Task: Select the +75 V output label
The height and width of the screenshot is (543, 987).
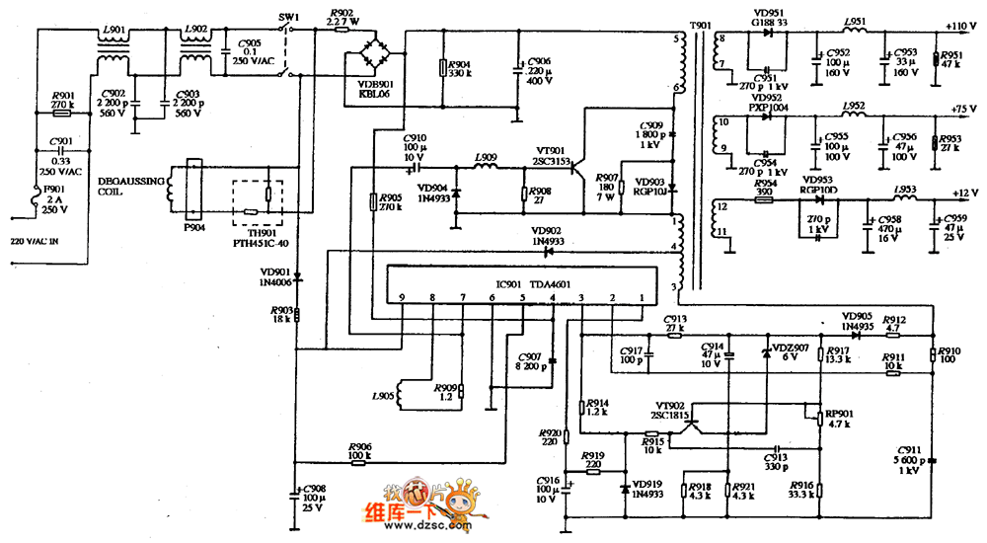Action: (962, 109)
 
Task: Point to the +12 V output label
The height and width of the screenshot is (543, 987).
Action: (962, 192)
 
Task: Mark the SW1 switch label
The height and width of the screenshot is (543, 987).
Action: (288, 17)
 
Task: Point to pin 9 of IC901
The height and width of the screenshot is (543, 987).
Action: (402, 297)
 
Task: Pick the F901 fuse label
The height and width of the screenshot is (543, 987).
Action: (55, 197)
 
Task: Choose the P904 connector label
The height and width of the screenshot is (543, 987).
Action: (193, 225)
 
